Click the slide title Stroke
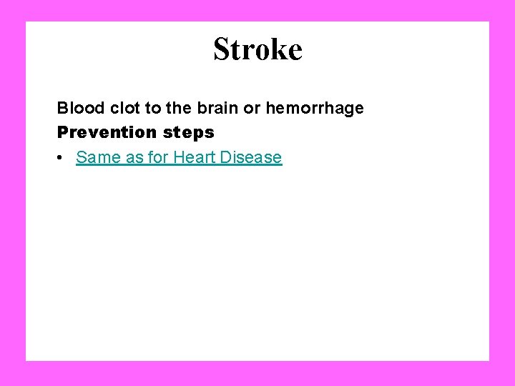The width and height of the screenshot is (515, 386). tap(257, 49)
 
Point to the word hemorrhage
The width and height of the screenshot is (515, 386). tap(315, 109)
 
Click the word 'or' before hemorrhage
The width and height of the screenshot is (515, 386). tap(252, 109)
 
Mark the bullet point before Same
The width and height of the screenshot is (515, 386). tap(62, 157)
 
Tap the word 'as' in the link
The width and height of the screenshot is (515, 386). tap(134, 157)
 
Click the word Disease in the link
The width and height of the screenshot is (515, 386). tap(251, 157)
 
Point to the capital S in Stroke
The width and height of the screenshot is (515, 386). tap(221, 49)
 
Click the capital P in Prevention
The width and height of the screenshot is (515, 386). tap(62, 132)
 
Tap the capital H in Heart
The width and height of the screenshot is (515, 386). tap(178, 157)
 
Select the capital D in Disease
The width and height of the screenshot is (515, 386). tap(225, 157)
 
